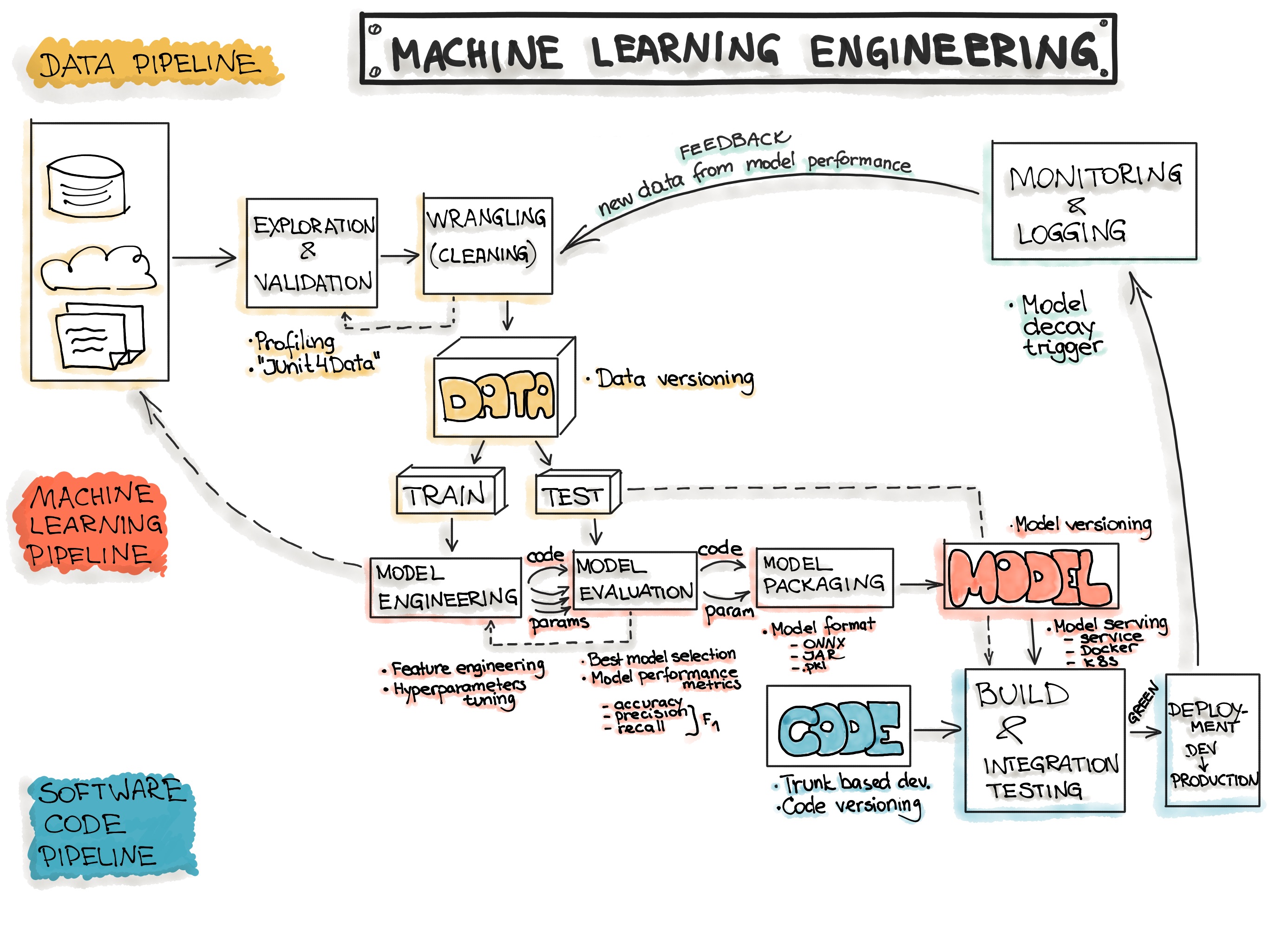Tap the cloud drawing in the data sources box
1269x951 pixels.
(98, 268)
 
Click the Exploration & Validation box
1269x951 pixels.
(312, 253)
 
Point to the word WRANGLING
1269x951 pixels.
(486, 219)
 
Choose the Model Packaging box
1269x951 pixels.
(824, 577)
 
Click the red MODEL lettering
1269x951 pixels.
(1030, 578)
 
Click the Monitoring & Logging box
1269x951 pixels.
(1094, 202)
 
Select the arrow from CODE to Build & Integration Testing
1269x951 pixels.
(937, 730)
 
